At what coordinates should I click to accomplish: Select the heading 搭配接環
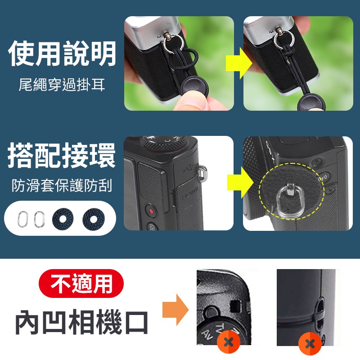(62, 155)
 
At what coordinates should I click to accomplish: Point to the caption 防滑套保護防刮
(62, 185)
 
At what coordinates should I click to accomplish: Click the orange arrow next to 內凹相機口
(181, 310)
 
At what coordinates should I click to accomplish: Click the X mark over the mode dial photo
(228, 343)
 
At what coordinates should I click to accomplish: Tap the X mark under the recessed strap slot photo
(310, 345)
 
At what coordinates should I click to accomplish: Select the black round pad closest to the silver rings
(62, 219)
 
